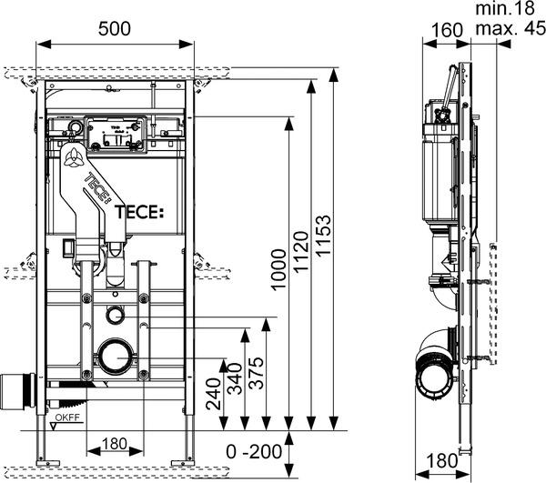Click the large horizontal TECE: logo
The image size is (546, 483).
[138, 212]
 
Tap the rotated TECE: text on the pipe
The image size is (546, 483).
[97, 190]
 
